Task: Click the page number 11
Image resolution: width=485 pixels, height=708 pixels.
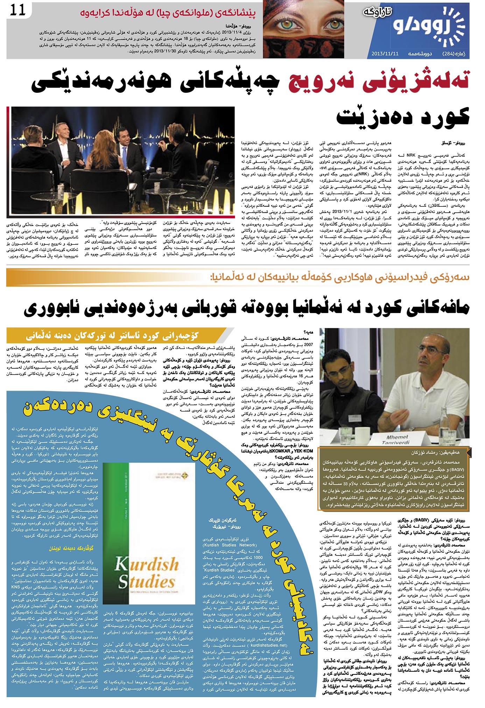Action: coord(18,10)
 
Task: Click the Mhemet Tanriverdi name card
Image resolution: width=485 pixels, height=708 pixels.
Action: coord(397,439)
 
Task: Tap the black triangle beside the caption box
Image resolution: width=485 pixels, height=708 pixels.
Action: coord(469,452)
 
